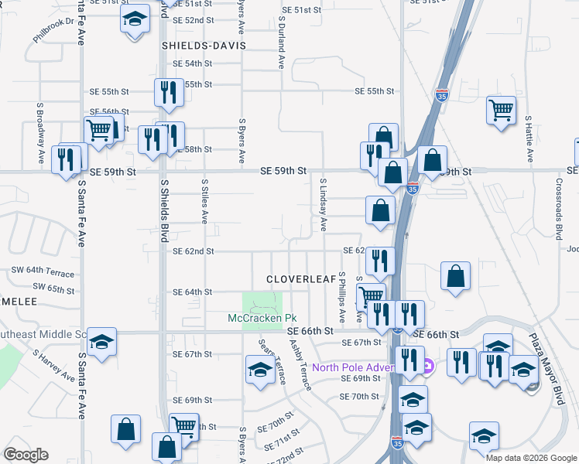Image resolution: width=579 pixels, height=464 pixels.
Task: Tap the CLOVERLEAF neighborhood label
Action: [302, 278]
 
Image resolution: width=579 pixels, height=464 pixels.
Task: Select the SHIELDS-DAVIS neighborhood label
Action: [203, 46]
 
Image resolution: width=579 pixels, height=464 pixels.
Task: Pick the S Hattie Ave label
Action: [529, 138]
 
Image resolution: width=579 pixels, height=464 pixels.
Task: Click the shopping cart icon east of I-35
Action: [502, 110]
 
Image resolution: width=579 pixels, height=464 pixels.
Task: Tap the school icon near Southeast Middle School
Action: [101, 343]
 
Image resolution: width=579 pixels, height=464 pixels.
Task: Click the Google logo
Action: [26, 455]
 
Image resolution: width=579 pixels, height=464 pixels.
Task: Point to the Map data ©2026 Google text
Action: [530, 457]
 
